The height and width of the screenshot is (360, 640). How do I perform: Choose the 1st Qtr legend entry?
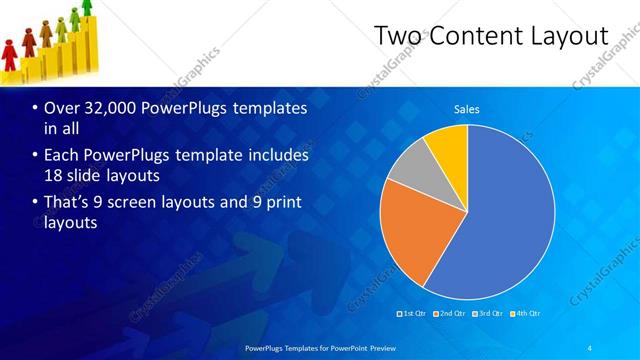[413, 313]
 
